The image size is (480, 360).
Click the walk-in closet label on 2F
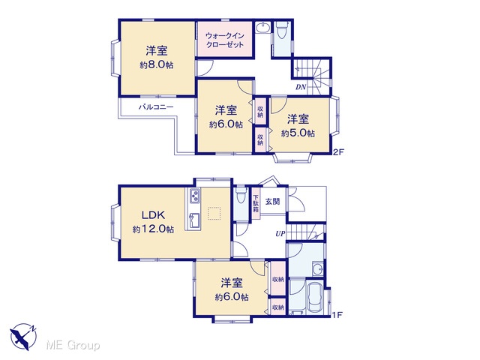225,40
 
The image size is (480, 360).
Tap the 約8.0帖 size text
157,65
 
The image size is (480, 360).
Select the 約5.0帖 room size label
298,133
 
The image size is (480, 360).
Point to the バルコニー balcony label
156,107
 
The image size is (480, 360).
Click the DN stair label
301,87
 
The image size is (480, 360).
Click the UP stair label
280,234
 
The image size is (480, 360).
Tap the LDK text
153,215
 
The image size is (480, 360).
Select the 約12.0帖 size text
153,229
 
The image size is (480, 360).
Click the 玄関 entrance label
272,202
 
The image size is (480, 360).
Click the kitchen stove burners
195,196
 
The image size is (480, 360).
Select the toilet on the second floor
281,31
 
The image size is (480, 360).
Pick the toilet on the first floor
241,195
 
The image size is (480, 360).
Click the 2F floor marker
338,152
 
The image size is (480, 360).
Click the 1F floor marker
337,315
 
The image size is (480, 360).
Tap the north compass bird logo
23,336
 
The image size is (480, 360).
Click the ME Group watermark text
73,346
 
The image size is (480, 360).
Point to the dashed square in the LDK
214,214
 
